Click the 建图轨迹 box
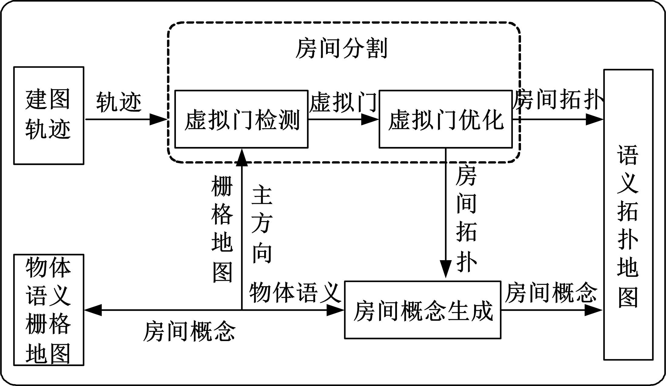click(49, 116)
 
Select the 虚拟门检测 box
click(241, 119)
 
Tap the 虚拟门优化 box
click(446, 119)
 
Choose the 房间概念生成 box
click(422, 310)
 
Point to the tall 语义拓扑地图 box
click(628, 214)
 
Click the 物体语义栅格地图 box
click(49, 310)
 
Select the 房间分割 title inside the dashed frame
click(341, 49)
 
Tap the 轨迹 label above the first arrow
click(119, 102)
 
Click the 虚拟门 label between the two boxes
click(343, 102)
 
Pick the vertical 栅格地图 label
click(222, 229)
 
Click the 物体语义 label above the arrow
click(295, 292)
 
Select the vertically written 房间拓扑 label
click(466, 218)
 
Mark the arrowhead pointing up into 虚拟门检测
click(242, 157)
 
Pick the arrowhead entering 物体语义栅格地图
click(93, 310)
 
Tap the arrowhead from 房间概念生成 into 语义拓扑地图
click(594, 310)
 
